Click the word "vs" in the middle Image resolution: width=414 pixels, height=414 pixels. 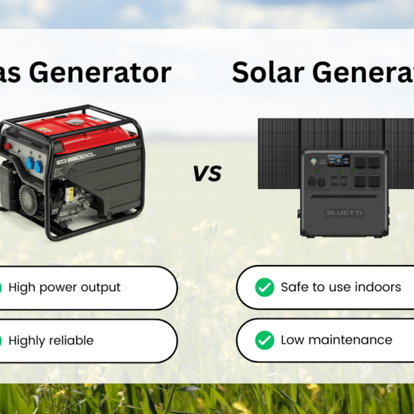pyautogui.click(x=207, y=173)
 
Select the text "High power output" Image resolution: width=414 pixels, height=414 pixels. pyautogui.click(x=64, y=287)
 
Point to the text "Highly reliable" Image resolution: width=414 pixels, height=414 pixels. pyautogui.click(x=51, y=340)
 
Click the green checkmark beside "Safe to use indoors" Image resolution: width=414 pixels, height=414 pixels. pyautogui.click(x=264, y=287)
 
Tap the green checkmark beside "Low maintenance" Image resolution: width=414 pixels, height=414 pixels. pyautogui.click(x=264, y=339)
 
